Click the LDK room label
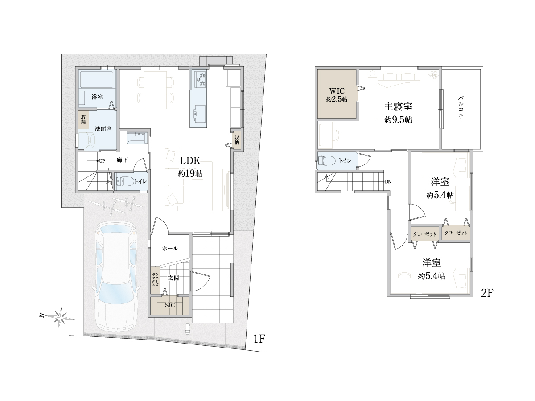pyautogui.click(x=190, y=161)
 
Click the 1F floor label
pyautogui.click(x=259, y=339)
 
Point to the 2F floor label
pyautogui.click(x=487, y=293)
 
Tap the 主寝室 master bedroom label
pyautogui.click(x=398, y=106)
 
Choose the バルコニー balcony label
pyautogui.click(x=461, y=110)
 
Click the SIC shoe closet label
pyautogui.click(x=170, y=305)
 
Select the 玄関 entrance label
pyautogui.click(x=173, y=278)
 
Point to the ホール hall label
pyautogui.click(x=170, y=248)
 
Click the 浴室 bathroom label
pyautogui.click(x=97, y=97)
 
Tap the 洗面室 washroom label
pyautogui.click(x=103, y=129)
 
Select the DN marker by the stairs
pyautogui.click(x=388, y=182)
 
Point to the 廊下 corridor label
pyautogui.click(x=122, y=160)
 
